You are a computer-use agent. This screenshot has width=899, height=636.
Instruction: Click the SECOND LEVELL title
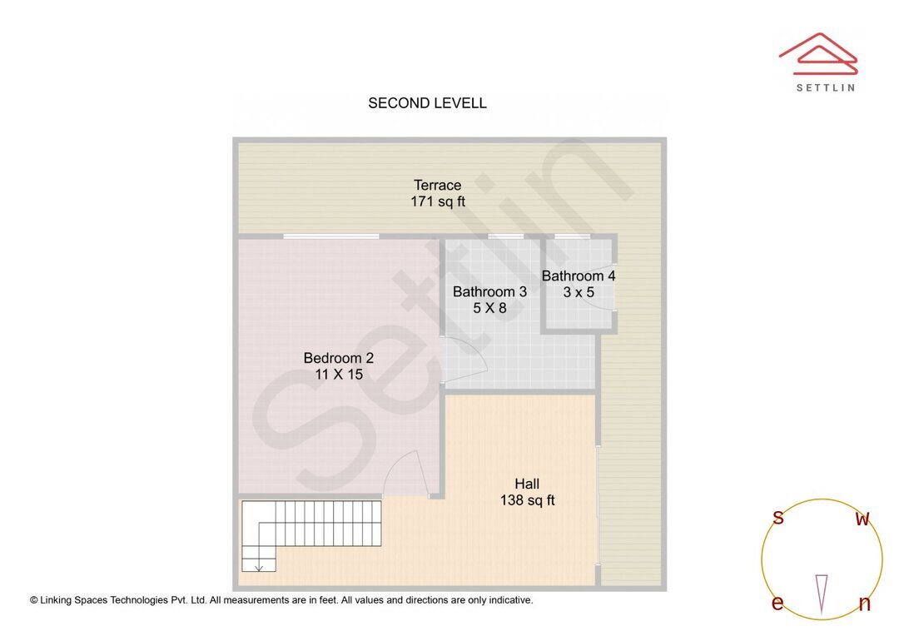pyautogui.click(x=427, y=103)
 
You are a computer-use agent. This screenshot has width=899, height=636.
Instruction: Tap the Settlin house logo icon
pyautogui.click(x=817, y=54)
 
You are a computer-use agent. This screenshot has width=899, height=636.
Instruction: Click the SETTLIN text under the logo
pyautogui.click(x=825, y=87)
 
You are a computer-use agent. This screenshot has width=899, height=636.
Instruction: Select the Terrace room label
pyautogui.click(x=437, y=185)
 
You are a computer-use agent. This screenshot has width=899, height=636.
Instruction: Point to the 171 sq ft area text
pyautogui.click(x=437, y=201)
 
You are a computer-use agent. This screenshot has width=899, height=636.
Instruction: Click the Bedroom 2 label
pyautogui.click(x=338, y=358)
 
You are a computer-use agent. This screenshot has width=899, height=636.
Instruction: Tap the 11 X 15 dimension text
pyautogui.click(x=338, y=375)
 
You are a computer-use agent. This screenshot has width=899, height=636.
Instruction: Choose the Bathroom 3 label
pyautogui.click(x=489, y=291)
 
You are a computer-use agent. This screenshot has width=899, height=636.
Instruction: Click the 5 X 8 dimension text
pyautogui.click(x=489, y=308)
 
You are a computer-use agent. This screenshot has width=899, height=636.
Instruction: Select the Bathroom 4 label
pyautogui.click(x=579, y=276)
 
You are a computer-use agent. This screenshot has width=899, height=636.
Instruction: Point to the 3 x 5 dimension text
pyautogui.click(x=579, y=292)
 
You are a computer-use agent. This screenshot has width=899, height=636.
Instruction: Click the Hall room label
pyautogui.click(x=526, y=484)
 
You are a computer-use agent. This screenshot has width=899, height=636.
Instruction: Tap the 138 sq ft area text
pyautogui.click(x=527, y=500)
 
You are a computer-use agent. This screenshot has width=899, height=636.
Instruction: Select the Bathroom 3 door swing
pyautogui.click(x=467, y=360)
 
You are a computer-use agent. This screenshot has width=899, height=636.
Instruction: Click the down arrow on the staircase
pyautogui.click(x=259, y=566)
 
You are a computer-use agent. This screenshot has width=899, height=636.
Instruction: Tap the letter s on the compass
pyautogui.click(x=778, y=518)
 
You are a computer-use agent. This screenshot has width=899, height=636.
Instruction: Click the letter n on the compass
pyautogui.click(x=865, y=604)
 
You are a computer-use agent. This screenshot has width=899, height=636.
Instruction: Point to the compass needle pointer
pyautogui.click(x=822, y=592)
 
